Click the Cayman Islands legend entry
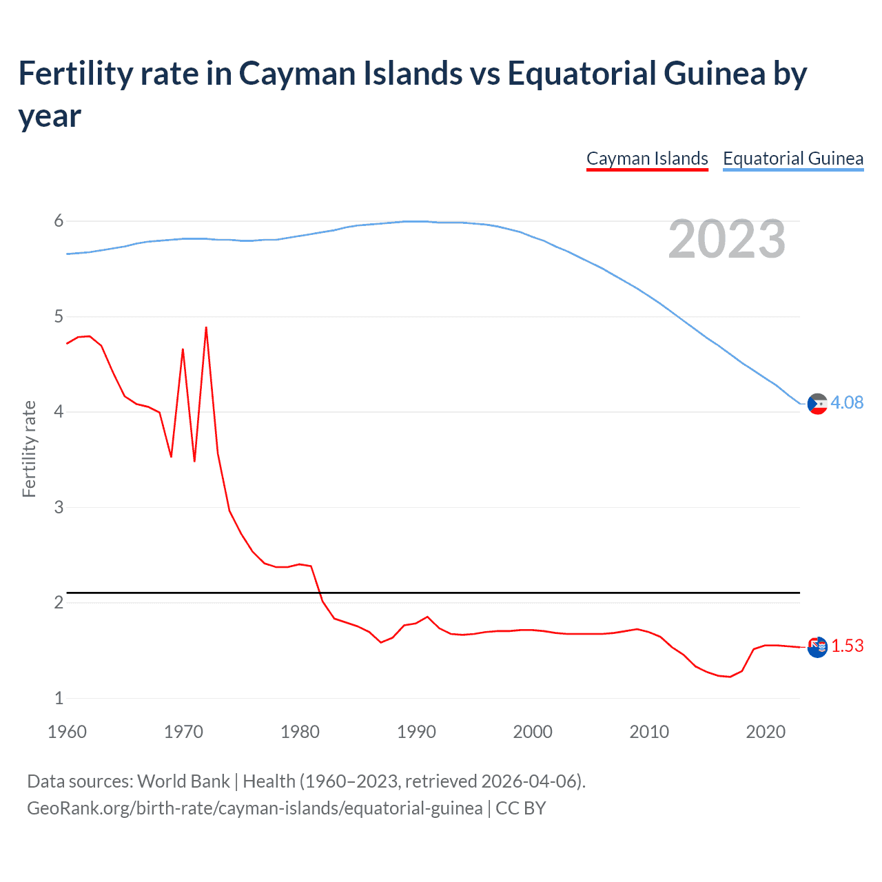point(647,158)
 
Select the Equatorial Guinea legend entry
point(792,158)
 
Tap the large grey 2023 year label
point(726,239)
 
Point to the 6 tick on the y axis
point(59,220)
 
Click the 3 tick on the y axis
point(59,507)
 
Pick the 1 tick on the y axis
point(59,698)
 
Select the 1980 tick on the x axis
point(300,732)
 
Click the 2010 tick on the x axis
point(649,732)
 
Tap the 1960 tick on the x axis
point(67,732)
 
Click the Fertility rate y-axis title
point(29,449)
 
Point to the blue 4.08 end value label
point(847,402)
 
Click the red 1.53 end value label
point(847,646)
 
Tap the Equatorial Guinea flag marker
point(817,404)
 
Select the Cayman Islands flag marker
point(817,647)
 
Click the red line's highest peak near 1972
point(206,328)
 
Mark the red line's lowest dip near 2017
point(730,677)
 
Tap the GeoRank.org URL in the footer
point(254,808)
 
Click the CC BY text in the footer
point(521,808)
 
